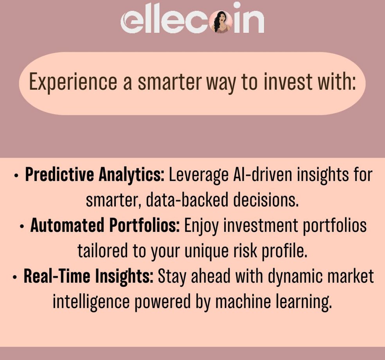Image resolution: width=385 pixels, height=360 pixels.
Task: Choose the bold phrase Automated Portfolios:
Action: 105,226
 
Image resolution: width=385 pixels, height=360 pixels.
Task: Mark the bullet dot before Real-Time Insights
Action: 15,277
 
